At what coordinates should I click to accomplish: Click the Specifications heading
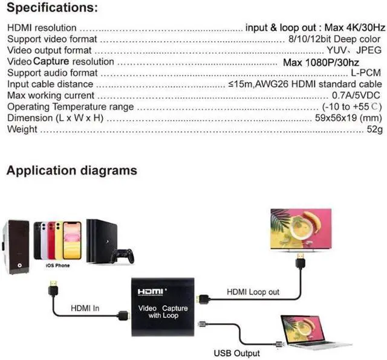pos(53,7)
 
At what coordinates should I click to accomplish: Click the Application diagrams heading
pos(72,170)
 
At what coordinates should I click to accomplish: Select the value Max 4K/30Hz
pos(355,27)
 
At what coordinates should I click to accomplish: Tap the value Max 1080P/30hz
pos(321,62)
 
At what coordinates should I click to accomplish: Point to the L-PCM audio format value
pos(366,72)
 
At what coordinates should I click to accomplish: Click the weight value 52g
pos(375,129)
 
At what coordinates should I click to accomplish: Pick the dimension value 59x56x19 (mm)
pos(348,118)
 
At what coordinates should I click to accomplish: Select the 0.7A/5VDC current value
pos(356,95)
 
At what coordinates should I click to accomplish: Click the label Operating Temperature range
pos(71,107)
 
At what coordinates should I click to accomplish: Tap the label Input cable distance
pos(50,84)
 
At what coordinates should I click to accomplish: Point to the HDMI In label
pos(85,308)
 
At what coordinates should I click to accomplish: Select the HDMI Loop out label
pos(253,292)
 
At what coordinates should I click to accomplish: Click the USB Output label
pos(236,353)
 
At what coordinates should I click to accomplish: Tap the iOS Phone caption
pos(58,265)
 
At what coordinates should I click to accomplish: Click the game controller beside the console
pos(123,256)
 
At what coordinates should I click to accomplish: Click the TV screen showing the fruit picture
pos(301,229)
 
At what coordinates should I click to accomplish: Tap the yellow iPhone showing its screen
pos(72,240)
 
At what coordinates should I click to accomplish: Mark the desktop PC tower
pos(16,247)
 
